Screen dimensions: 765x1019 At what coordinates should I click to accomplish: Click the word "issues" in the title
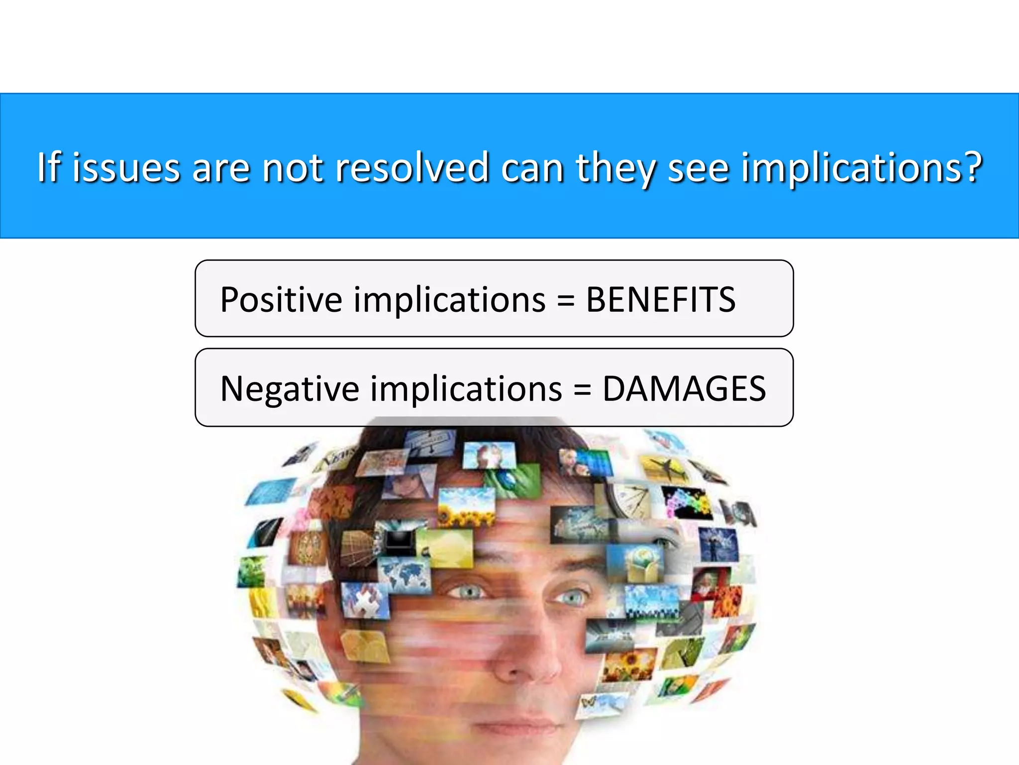point(126,168)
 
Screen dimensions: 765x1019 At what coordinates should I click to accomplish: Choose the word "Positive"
point(281,300)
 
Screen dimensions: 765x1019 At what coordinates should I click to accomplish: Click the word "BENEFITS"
point(660,300)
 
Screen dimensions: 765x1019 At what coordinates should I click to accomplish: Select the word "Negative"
point(290,389)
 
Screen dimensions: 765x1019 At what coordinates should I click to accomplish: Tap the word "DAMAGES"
point(684,389)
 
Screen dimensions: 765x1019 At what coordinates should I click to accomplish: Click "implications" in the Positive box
point(450,301)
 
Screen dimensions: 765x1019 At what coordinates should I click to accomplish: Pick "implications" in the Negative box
point(466,390)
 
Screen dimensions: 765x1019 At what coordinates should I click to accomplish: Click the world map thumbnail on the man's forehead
point(404,573)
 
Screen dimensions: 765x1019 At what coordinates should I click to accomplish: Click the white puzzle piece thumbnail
point(366,598)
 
